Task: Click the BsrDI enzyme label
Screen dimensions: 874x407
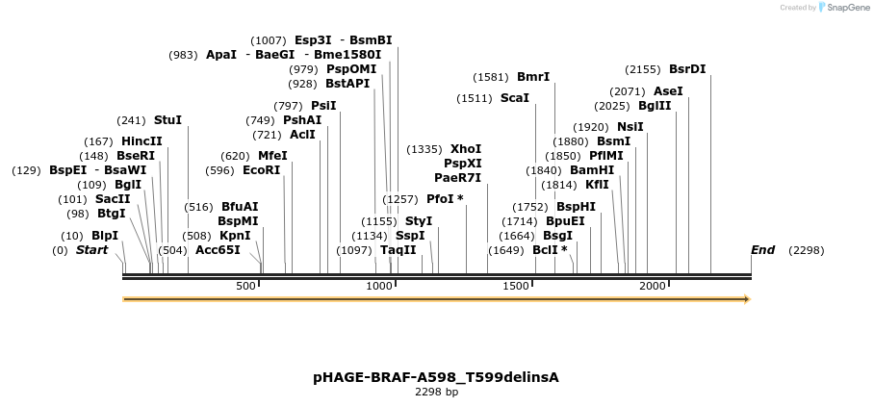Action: tap(687, 69)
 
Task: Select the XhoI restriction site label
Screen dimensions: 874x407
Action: tap(466, 149)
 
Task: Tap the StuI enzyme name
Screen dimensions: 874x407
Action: tap(167, 120)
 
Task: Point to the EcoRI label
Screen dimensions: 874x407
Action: tap(261, 170)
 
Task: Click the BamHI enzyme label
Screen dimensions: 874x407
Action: tap(592, 170)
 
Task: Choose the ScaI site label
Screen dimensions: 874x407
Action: tap(515, 98)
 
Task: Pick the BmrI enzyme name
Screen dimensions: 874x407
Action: tap(533, 77)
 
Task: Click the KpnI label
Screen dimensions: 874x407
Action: tap(235, 235)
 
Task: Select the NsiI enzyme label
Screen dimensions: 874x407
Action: tap(630, 127)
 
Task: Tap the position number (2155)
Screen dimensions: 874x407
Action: tap(643, 69)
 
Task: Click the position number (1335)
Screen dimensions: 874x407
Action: tap(424, 149)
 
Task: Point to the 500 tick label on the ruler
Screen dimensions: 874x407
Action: tap(245, 287)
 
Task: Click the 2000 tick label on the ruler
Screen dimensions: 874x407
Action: tap(654, 287)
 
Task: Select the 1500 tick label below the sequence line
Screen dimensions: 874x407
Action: tap(517, 287)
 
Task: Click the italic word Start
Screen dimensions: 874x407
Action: tap(91, 250)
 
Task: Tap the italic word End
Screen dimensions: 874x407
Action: tap(762, 250)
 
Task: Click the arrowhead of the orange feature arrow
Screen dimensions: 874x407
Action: tap(745, 299)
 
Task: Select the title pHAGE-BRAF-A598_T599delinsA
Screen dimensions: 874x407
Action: tap(436, 377)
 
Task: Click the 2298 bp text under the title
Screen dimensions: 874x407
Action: tap(436, 393)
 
